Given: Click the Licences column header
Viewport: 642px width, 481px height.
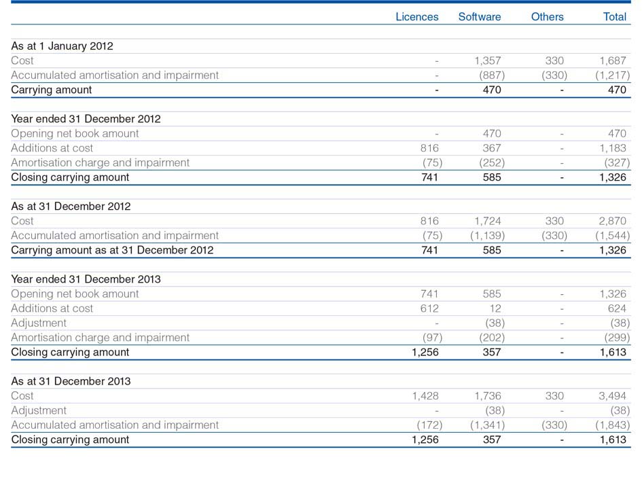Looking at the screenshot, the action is (x=417, y=17).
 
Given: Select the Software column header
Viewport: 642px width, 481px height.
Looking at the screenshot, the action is (x=480, y=17).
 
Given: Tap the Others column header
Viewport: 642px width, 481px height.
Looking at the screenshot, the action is (x=547, y=17).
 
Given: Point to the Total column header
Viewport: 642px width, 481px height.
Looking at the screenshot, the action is (x=615, y=17).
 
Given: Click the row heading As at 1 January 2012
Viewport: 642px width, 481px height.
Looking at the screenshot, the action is (x=62, y=46).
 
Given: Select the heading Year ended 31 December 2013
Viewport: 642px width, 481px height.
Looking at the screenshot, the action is (x=86, y=279).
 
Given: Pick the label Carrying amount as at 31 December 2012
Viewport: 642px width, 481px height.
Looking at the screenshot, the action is (x=112, y=250).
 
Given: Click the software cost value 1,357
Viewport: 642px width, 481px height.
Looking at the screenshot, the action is (x=488, y=60).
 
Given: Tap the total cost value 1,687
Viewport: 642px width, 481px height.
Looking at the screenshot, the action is (x=613, y=60).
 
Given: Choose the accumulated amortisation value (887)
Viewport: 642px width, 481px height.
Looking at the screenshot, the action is (x=492, y=75).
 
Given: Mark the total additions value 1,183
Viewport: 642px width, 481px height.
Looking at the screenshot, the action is (x=613, y=148).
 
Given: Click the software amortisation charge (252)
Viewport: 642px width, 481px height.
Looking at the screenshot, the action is (x=492, y=163).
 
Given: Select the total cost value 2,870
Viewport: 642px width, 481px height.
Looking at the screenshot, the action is (x=613, y=221).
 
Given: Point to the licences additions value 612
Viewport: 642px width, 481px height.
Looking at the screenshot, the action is (x=429, y=308).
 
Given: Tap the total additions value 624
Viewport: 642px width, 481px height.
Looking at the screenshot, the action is (x=617, y=308).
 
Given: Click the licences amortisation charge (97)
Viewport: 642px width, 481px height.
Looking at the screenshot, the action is (x=432, y=338).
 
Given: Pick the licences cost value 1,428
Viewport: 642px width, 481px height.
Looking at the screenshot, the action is (x=425, y=396).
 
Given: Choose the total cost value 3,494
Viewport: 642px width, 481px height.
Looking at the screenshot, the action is (x=613, y=396).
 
